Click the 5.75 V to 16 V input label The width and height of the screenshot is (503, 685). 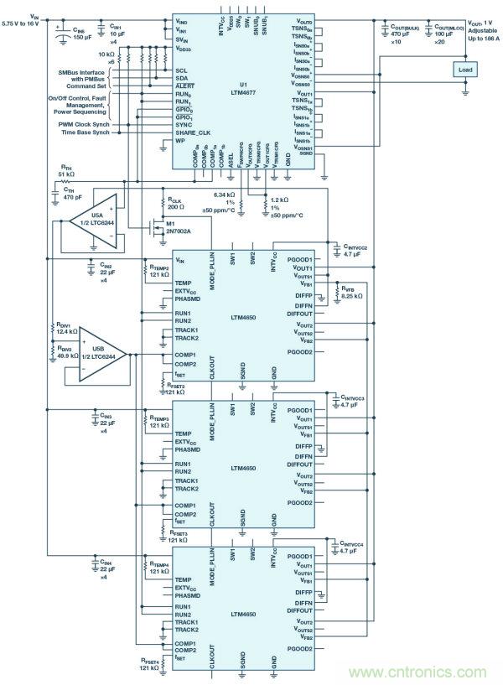pyautogui.click(x=30, y=23)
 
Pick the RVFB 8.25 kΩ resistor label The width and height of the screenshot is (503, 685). pyautogui.click(x=350, y=293)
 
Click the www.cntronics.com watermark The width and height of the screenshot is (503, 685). pyautogui.click(x=426, y=669)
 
